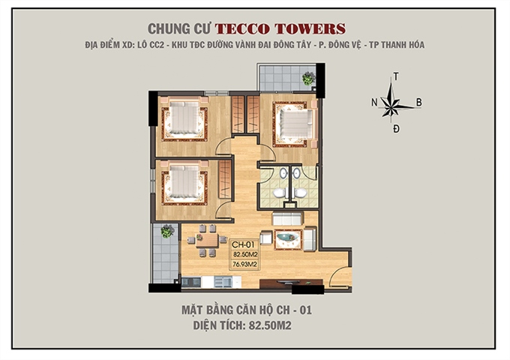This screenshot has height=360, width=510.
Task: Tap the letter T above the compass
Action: point(395,76)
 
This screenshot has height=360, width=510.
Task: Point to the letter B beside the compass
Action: point(419,103)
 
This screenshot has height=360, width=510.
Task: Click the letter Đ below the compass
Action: point(395,129)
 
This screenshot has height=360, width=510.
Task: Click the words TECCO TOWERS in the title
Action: point(280,29)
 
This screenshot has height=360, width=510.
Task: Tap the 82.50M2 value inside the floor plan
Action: point(244,254)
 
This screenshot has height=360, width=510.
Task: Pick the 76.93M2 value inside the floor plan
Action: point(244,264)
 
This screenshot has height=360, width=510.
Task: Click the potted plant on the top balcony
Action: point(308,77)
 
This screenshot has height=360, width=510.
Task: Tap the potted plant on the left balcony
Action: point(166,232)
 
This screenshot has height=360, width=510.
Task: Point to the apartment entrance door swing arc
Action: point(339,276)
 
